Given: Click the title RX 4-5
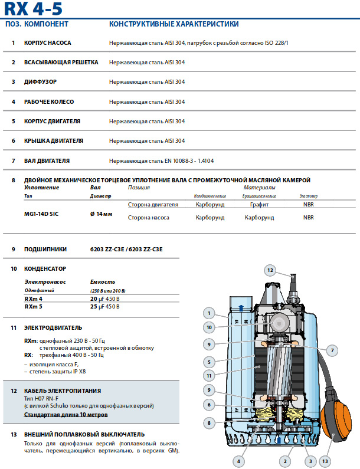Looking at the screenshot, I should point(33,8).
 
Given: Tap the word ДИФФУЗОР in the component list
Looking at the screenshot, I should point(41,81).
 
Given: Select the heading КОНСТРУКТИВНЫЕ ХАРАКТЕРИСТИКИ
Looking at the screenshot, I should point(174,24).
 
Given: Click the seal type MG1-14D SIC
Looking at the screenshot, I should point(41,213).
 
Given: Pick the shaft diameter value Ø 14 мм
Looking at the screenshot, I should point(101,213).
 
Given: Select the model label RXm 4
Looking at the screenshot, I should point(34,299).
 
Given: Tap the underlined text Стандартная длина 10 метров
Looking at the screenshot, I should point(66,415).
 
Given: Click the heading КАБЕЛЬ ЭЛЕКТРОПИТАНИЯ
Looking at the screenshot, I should point(63,391).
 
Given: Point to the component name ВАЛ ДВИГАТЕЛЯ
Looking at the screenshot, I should point(47,160).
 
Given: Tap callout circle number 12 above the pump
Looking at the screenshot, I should point(270,271).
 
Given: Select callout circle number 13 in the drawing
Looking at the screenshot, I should point(326,461).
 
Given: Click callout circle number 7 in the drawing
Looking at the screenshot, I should point(332,350).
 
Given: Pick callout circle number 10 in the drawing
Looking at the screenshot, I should point(209,326).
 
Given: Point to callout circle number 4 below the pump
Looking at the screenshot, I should point(239,461).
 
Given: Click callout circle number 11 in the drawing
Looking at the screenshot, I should point(209,375).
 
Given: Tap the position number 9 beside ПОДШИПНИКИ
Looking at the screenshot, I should point(13,250).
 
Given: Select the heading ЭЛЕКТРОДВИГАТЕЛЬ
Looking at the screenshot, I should point(53,327).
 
